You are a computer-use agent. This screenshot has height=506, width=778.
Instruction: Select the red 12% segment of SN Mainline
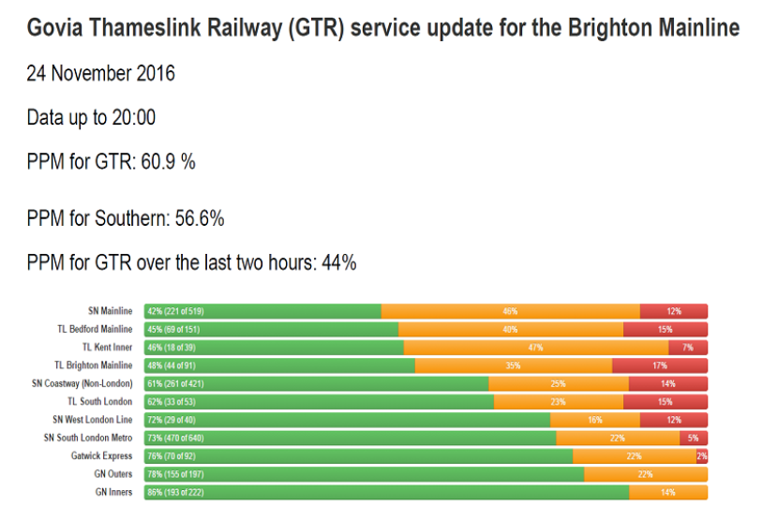click(674, 311)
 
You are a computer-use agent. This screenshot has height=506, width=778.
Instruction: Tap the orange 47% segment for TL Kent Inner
click(535, 348)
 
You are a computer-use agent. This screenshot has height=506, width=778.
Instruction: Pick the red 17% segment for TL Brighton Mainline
click(660, 365)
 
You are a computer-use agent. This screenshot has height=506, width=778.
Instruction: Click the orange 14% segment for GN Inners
click(668, 492)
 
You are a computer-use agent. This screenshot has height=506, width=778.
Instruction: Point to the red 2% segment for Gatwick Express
click(701, 456)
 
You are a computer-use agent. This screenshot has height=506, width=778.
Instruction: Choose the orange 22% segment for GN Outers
click(646, 474)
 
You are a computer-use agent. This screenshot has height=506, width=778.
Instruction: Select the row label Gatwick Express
click(102, 456)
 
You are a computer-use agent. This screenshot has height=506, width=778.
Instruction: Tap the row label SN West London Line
click(93, 420)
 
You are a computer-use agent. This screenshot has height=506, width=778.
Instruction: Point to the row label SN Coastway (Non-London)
click(82, 383)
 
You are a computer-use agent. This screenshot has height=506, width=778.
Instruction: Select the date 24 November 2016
click(100, 74)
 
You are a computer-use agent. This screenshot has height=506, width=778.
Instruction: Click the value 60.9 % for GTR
click(168, 162)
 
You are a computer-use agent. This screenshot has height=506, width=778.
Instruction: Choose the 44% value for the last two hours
click(338, 262)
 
